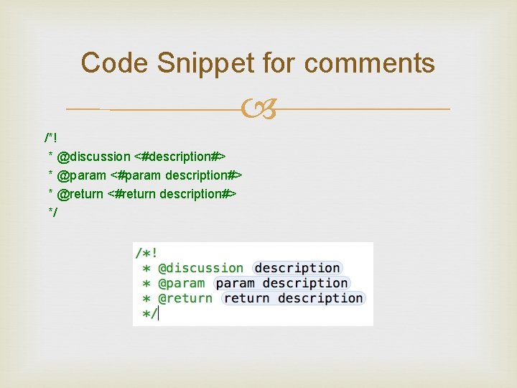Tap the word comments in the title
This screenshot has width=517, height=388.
coord(370,63)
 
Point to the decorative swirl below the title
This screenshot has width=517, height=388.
coord(258,110)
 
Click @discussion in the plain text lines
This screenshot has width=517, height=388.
coord(93,157)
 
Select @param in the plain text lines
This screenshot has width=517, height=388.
coord(80,175)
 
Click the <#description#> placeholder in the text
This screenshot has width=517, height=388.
coord(180,157)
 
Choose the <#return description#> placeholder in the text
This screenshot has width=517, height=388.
coord(172,194)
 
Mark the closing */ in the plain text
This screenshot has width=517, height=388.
coord(52,213)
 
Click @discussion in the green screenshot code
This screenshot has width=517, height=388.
coord(200,269)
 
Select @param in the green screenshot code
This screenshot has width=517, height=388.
coord(182,284)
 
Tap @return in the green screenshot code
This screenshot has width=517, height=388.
coord(185,299)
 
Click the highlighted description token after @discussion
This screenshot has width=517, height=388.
coord(297,269)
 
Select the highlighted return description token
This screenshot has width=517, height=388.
coord(293,299)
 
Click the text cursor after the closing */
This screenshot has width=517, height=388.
coord(158,314)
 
